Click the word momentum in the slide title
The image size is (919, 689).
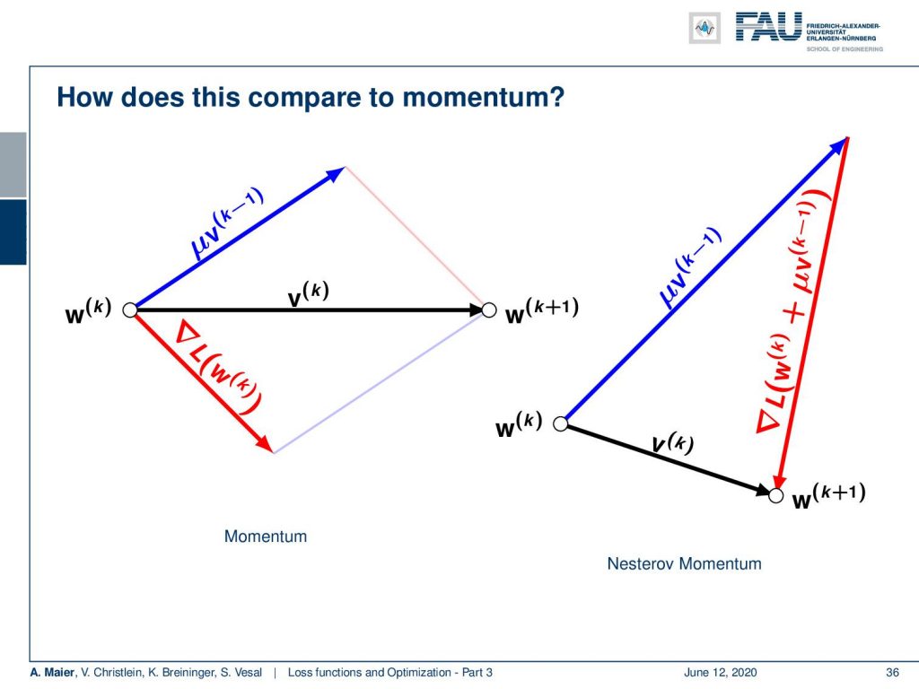point(476,97)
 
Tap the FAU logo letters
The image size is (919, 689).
point(768,27)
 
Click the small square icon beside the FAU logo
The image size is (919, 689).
point(705,28)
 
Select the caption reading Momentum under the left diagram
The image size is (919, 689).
point(266,536)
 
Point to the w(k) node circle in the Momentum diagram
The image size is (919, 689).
point(130,310)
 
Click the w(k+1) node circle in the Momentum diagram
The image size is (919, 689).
point(489,310)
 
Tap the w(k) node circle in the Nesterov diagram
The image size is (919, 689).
point(560,423)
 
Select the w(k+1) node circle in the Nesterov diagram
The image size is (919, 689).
point(776,495)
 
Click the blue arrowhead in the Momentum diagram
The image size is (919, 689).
point(336,174)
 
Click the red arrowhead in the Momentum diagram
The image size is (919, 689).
point(265,444)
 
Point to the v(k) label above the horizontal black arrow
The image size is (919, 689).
point(309,294)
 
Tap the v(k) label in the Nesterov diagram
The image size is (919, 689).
point(673,443)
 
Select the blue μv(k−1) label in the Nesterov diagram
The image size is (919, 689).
point(689,267)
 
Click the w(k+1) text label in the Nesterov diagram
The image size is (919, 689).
point(828,496)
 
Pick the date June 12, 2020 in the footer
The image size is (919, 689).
point(721,673)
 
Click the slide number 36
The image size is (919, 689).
point(892,673)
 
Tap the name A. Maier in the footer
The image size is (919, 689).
point(53,673)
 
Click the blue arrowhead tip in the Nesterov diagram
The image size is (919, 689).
point(848,137)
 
